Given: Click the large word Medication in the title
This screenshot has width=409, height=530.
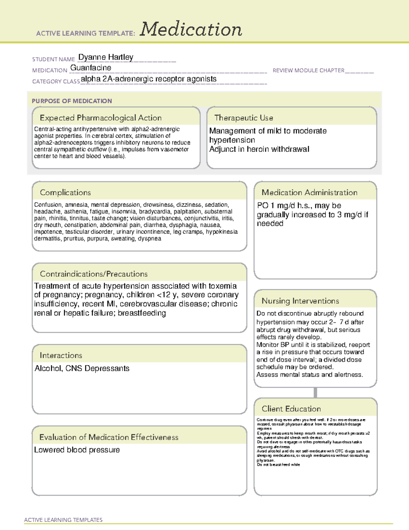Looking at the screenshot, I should (191, 29).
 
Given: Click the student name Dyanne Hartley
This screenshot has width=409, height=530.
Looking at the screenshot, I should (106, 57).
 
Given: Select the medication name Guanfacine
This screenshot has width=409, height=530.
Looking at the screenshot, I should (91, 68).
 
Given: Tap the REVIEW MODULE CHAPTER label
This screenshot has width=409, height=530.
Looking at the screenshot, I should (308, 70).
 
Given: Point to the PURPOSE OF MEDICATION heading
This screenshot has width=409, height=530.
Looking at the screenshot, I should (72, 101).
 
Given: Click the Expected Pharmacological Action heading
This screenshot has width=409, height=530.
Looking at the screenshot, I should (101, 118).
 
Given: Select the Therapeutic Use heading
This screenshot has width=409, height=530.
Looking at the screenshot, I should (244, 118).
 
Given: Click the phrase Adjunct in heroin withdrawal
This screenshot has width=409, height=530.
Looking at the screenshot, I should (259, 149).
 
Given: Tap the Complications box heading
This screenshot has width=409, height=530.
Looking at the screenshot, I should (65, 192).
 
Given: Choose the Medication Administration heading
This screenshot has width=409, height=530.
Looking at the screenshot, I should (309, 192).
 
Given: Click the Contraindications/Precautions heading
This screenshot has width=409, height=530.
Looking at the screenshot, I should (94, 274).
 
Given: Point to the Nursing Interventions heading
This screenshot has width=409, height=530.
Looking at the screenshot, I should (300, 301).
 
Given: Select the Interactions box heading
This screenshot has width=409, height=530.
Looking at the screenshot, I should (61, 355).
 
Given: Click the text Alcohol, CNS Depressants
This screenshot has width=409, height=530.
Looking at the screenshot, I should (82, 369).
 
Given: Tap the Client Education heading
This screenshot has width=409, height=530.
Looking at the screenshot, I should (291, 409).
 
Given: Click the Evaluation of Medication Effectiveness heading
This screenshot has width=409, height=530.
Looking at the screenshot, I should (109, 437).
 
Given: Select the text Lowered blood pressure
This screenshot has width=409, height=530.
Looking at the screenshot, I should (77, 450).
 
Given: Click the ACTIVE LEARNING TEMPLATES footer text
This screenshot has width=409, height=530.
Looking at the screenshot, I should (63, 520).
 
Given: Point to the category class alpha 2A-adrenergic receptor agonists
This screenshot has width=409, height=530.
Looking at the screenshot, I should (149, 79).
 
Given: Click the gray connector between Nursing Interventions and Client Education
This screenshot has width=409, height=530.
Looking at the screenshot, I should (315, 392).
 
